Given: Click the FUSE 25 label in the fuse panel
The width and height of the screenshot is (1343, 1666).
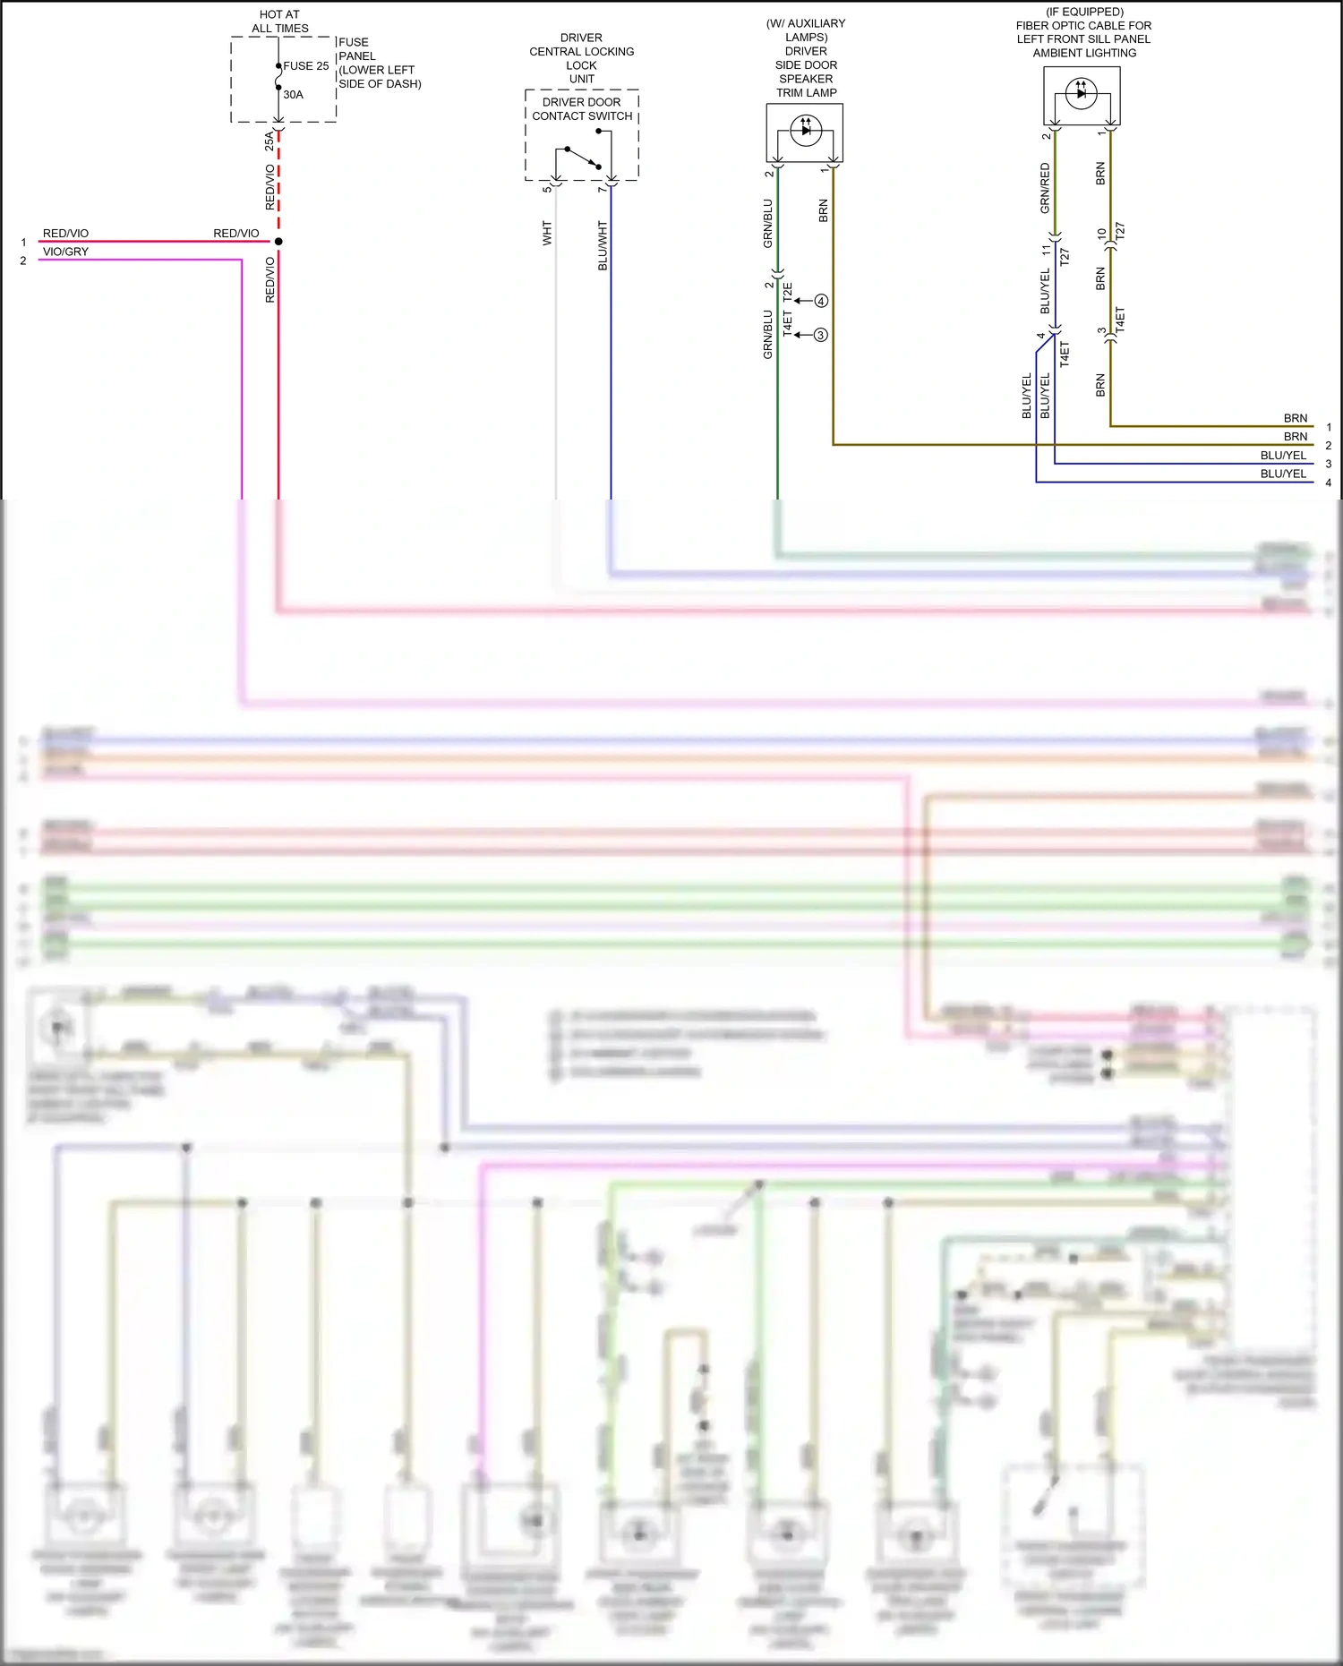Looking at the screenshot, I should [305, 66].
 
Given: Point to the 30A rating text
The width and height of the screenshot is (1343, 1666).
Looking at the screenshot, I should [293, 95].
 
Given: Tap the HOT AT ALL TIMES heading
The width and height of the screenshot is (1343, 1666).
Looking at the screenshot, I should [279, 21].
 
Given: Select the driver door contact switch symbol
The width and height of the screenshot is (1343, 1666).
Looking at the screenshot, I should [582, 156].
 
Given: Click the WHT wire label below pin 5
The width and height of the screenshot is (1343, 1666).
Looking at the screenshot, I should [547, 234].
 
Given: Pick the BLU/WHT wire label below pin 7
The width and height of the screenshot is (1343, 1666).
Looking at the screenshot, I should [603, 246].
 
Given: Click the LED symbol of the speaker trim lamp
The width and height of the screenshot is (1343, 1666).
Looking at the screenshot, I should [805, 130].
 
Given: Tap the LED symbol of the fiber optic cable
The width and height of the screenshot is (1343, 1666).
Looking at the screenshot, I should [1081, 92].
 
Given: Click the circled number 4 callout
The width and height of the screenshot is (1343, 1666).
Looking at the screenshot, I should [821, 301].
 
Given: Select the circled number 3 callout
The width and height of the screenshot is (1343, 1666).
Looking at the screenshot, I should [820, 335].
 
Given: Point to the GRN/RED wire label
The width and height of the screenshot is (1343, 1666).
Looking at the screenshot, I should [1045, 188].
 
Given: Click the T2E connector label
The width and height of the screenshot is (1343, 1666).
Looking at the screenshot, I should [788, 292].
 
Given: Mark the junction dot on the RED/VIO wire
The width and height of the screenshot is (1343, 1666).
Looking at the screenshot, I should [278, 242].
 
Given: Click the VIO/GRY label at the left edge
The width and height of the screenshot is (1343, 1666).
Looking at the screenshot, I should [65, 252].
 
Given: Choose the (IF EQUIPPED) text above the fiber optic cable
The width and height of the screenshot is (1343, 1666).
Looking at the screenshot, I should [1084, 12].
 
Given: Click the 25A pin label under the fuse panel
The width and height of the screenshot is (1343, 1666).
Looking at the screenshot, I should [269, 141].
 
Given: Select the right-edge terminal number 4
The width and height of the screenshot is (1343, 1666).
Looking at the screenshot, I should [1328, 483].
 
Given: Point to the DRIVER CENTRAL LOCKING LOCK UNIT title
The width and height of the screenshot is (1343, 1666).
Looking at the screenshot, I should [582, 58].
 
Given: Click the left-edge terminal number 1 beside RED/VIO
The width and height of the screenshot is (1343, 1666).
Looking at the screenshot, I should [23, 243].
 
